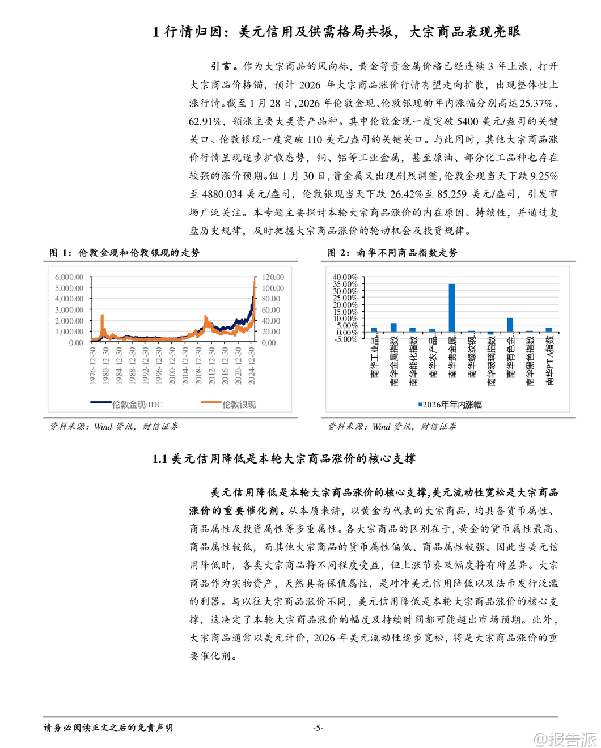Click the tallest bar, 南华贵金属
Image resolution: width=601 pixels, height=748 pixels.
click(452, 308)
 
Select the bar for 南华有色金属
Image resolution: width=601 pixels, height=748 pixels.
click(510, 325)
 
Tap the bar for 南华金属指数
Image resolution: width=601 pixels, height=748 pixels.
click(393, 328)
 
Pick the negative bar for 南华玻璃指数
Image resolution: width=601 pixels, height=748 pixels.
click(490, 334)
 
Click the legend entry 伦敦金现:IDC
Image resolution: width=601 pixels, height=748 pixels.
click(127, 405)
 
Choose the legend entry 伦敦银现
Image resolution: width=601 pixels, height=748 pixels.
click(229, 405)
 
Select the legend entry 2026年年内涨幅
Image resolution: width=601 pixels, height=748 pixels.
click(451, 405)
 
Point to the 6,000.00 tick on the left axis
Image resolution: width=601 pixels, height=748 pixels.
click(69, 277)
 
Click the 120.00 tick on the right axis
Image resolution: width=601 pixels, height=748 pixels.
click(273, 277)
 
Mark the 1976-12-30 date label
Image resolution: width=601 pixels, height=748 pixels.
click(93, 366)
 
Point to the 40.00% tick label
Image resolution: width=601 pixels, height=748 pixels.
click(345, 277)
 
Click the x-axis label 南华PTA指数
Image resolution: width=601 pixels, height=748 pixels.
click(549, 361)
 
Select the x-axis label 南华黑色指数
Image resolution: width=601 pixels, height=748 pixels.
click(530, 361)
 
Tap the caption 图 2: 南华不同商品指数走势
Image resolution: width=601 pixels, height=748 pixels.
click(392, 253)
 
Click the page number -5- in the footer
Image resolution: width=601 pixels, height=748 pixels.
click(318, 728)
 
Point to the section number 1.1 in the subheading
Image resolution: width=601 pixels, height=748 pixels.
click(159, 459)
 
